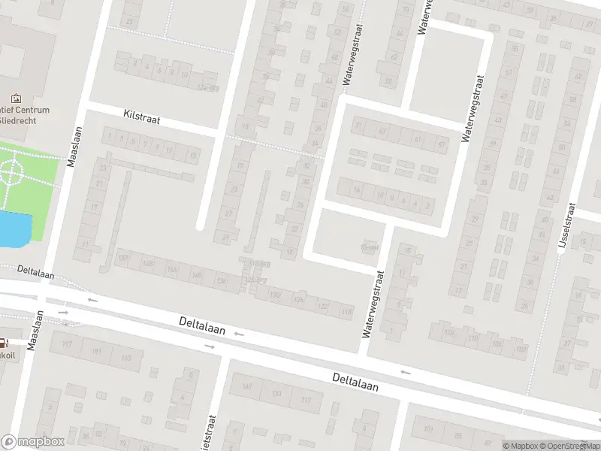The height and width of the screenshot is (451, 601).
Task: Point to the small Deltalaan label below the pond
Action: tap(35, 273)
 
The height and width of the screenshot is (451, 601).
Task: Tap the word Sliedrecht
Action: tap(25, 120)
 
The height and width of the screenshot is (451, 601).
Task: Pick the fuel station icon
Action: tap(3, 341)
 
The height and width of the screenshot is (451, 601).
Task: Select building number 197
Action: tap(68, 345)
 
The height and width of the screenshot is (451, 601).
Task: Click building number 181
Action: tap(97, 351)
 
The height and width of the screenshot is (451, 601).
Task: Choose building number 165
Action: tap(125, 358)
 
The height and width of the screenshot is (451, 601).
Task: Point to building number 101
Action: tap(429, 430)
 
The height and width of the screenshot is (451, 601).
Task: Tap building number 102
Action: tap(497, 345)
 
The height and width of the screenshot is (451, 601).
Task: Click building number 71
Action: tap(359, 126)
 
